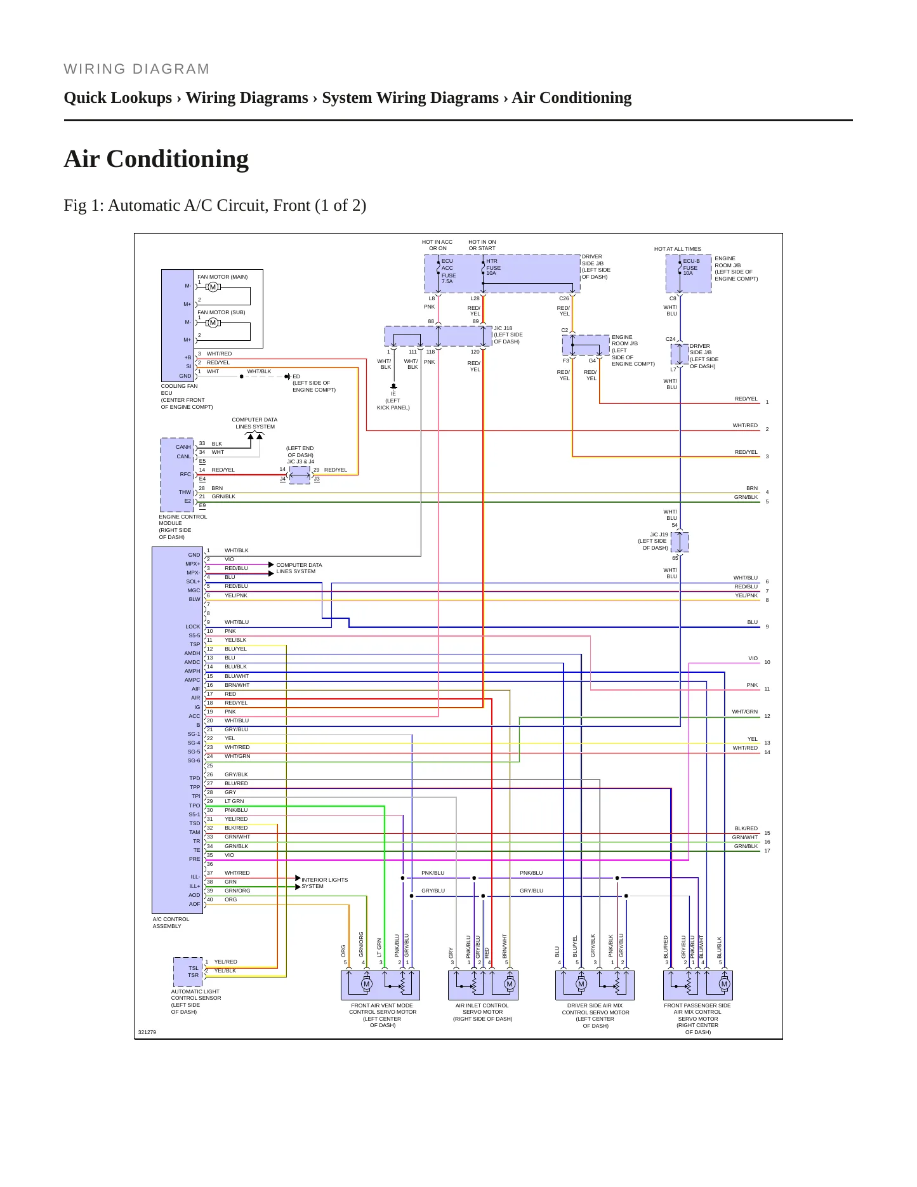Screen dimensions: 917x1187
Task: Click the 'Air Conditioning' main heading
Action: (x=156, y=159)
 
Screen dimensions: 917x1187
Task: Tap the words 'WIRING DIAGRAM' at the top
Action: (x=136, y=69)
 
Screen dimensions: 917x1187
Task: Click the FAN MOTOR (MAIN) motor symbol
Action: (x=213, y=287)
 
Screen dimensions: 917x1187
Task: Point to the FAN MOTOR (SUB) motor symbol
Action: (x=213, y=322)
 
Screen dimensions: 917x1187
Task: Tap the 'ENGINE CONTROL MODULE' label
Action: (x=183, y=521)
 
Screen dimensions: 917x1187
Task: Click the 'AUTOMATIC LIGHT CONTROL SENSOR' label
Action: (x=196, y=995)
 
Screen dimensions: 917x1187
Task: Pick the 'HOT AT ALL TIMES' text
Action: (x=678, y=249)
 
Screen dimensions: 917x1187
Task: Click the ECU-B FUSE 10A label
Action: (x=691, y=267)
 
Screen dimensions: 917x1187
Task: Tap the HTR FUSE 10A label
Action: (x=493, y=267)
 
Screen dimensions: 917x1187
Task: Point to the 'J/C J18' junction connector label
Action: (x=503, y=328)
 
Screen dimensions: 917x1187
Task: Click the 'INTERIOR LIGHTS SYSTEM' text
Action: (x=324, y=883)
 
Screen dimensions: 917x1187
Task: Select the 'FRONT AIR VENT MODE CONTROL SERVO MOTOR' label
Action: (x=383, y=1009)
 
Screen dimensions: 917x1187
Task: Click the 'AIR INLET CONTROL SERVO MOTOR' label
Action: (x=482, y=1009)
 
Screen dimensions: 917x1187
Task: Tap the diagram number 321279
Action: (x=147, y=1032)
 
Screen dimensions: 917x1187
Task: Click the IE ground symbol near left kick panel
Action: (x=393, y=387)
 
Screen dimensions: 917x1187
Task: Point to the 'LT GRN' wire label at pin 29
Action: (x=234, y=801)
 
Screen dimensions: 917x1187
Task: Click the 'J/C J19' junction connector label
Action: (x=659, y=534)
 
